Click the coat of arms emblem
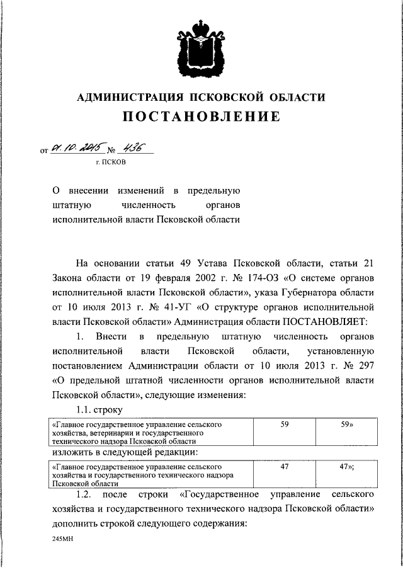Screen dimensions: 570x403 [x=201, y=47]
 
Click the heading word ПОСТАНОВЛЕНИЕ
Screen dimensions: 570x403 [x=201, y=117]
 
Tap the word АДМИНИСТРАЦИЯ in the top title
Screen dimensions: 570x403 [x=125, y=97]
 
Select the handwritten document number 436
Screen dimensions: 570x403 [x=133, y=148]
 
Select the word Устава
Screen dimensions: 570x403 [x=208, y=263]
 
